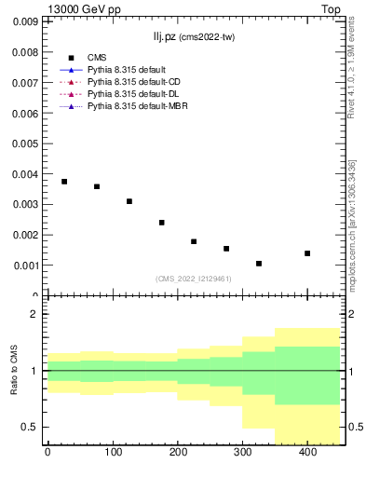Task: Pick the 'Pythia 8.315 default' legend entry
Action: tap(129, 71)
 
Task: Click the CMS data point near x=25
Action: tap(64, 182)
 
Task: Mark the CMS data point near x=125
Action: tap(129, 201)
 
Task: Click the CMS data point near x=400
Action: tap(307, 253)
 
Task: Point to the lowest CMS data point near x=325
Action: tap(259, 264)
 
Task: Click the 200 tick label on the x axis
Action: tap(177, 454)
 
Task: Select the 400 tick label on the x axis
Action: tap(307, 454)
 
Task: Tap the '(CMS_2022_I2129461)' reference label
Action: tap(194, 279)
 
